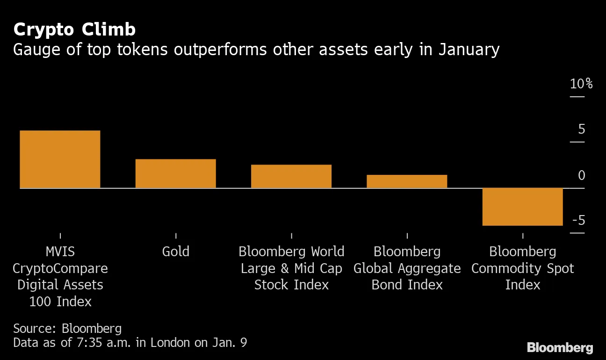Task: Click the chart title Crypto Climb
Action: (x=74, y=29)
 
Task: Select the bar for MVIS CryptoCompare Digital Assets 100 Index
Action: (x=60, y=159)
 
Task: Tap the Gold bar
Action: (x=175, y=173)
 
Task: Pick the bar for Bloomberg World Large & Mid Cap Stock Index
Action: (x=291, y=176)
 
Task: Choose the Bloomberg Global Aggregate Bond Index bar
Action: (x=407, y=181)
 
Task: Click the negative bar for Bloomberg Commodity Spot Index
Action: (x=522, y=207)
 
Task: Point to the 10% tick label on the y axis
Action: (x=581, y=84)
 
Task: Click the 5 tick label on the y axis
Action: (x=581, y=130)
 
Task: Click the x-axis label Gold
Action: (x=175, y=252)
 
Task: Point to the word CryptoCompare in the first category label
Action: (x=60, y=268)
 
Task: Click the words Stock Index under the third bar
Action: (x=291, y=285)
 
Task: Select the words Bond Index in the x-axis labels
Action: (x=407, y=285)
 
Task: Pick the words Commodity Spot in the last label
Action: (x=522, y=268)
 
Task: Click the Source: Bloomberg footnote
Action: (x=67, y=328)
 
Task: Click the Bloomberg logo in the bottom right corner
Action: (x=560, y=348)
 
